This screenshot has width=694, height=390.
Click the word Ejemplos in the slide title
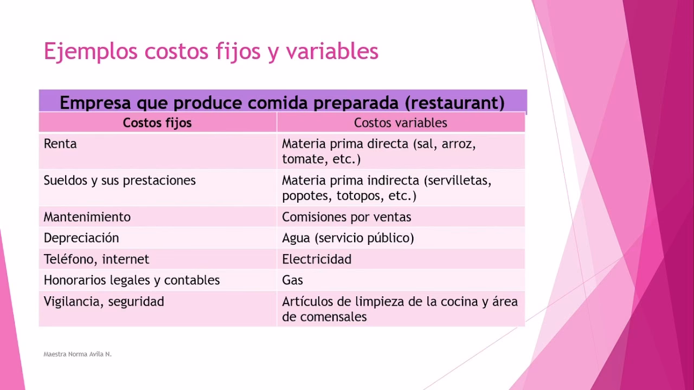(90, 51)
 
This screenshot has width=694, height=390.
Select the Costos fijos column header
(157, 123)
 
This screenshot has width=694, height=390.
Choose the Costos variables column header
(400, 123)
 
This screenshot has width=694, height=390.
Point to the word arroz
(458, 145)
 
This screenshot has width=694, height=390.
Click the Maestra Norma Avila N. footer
(78, 354)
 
